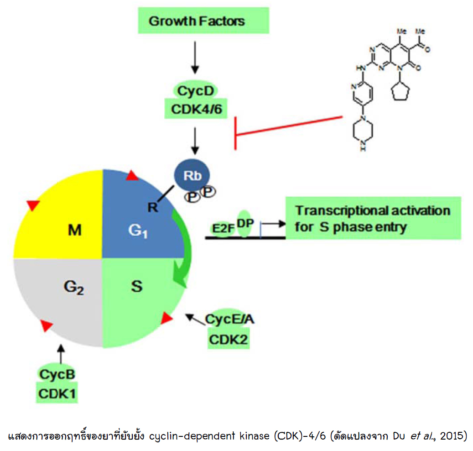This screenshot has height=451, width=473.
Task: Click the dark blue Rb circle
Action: (x=190, y=176)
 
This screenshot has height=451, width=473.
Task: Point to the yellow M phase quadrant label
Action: (x=75, y=231)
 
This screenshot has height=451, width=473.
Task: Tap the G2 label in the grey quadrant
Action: (x=73, y=288)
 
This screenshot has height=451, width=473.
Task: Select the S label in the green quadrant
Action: (x=136, y=287)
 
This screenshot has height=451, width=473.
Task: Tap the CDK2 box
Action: (x=229, y=339)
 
